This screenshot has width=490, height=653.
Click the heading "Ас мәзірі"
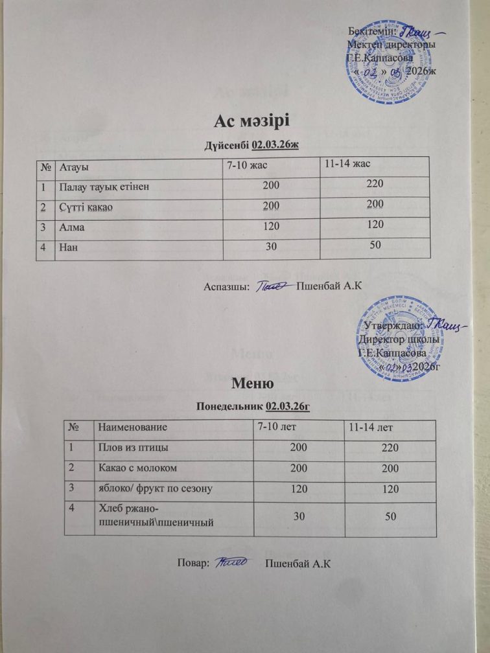click(244, 121)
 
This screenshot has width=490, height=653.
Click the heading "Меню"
click(244, 385)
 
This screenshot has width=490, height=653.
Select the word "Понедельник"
click(229, 406)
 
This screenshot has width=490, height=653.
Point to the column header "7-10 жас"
click(246, 166)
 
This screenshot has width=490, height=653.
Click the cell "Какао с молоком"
click(137, 467)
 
